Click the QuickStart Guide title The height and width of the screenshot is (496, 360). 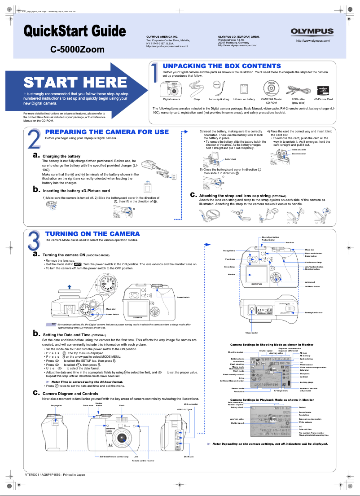pos(75,31)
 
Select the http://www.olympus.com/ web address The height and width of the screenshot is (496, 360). pos(313,41)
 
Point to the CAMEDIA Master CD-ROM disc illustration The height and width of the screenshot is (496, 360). pos(272,87)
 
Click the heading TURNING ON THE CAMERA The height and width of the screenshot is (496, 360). pos(92,234)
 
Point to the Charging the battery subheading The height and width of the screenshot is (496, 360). pos(61,156)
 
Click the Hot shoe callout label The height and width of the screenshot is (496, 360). pos(290,243)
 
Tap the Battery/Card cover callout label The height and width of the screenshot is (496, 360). pos(313,312)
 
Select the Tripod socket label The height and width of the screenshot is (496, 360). pos(251,333)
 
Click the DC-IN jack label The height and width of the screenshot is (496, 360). pos(189,456)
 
